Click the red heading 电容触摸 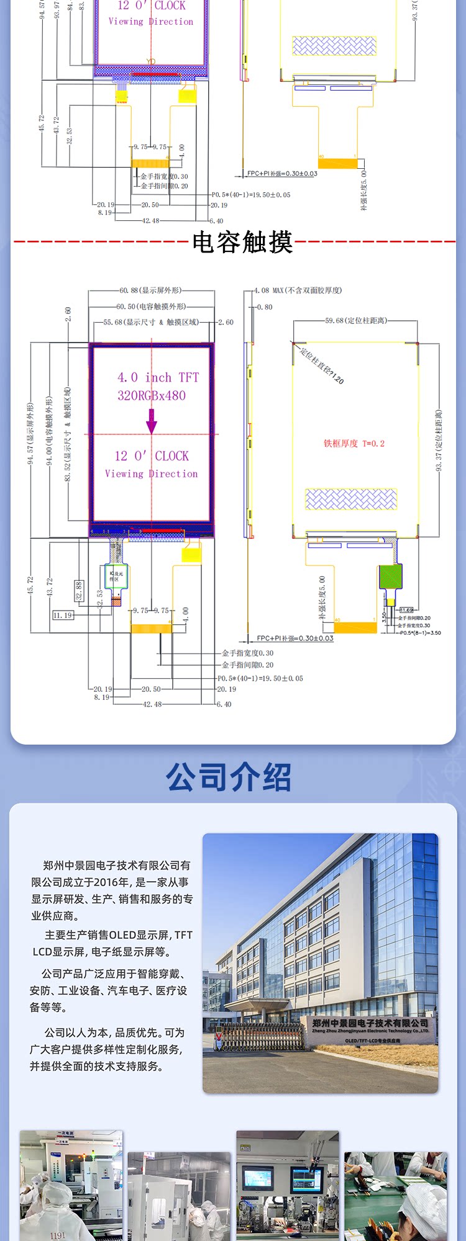(242, 242)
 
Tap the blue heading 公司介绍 (229, 777)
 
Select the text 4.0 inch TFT (158, 377)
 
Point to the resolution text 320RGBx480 (152, 395)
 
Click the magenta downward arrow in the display (152, 422)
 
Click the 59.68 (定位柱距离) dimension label (355, 320)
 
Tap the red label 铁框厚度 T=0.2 (354, 443)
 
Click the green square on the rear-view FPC (390, 576)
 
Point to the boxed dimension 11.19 (62, 615)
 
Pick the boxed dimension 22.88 (79, 590)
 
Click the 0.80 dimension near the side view (265, 307)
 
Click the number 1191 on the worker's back (57, 1235)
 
